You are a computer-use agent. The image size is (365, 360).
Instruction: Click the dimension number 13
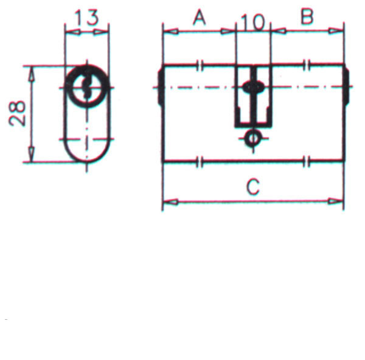[87, 18]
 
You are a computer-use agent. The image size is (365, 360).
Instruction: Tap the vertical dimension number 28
[18, 113]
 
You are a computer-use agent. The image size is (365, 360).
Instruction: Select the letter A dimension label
[198, 18]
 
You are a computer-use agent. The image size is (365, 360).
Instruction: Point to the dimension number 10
[252, 23]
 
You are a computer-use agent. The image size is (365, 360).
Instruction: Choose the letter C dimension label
[252, 187]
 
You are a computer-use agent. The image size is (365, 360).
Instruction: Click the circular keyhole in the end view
[87, 87]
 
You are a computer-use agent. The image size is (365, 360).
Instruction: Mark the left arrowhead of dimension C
[168, 201]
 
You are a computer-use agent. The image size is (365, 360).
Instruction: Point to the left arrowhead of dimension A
[168, 30]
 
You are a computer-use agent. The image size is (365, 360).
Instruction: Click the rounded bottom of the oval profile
[87, 157]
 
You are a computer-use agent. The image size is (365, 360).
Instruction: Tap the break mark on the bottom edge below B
[307, 161]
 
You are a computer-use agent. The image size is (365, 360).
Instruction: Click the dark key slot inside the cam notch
[251, 88]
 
